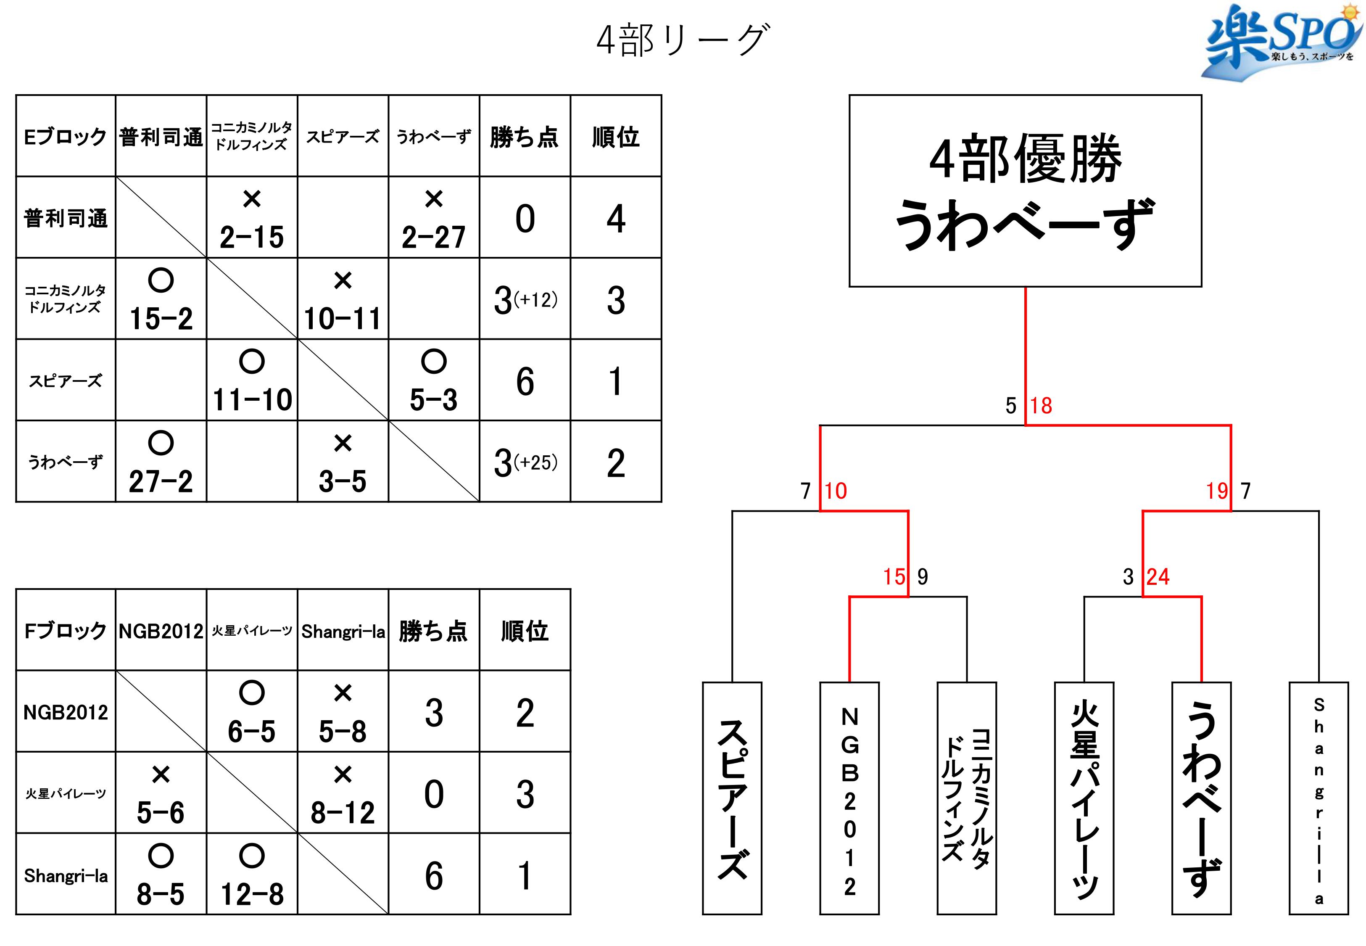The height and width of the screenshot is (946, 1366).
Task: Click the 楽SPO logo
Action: point(1282,42)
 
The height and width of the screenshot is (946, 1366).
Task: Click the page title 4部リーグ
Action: point(683,40)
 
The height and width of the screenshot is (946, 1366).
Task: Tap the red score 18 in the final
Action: point(1041,406)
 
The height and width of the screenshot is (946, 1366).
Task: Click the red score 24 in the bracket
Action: point(1158,577)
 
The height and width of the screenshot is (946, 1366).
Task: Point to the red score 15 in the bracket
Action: point(894,577)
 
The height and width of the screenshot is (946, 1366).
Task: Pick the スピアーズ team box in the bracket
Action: point(732,798)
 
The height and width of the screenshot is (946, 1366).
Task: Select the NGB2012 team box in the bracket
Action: point(849,798)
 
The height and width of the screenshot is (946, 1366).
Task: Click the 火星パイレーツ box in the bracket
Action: point(1084,798)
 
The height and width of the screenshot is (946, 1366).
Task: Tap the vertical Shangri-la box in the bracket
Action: point(1319,798)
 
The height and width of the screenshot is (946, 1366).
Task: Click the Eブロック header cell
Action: point(66,136)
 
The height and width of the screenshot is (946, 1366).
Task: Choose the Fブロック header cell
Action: point(66,631)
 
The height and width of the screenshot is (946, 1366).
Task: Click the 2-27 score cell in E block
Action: point(434,217)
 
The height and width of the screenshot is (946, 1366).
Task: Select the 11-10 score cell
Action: point(252,381)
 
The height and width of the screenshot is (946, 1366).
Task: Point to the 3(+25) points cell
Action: point(525,462)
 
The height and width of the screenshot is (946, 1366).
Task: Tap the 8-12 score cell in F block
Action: point(343,793)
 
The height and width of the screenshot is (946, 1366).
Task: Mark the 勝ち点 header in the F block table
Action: point(434,631)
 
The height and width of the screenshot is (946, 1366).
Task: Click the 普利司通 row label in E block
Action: point(66,217)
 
